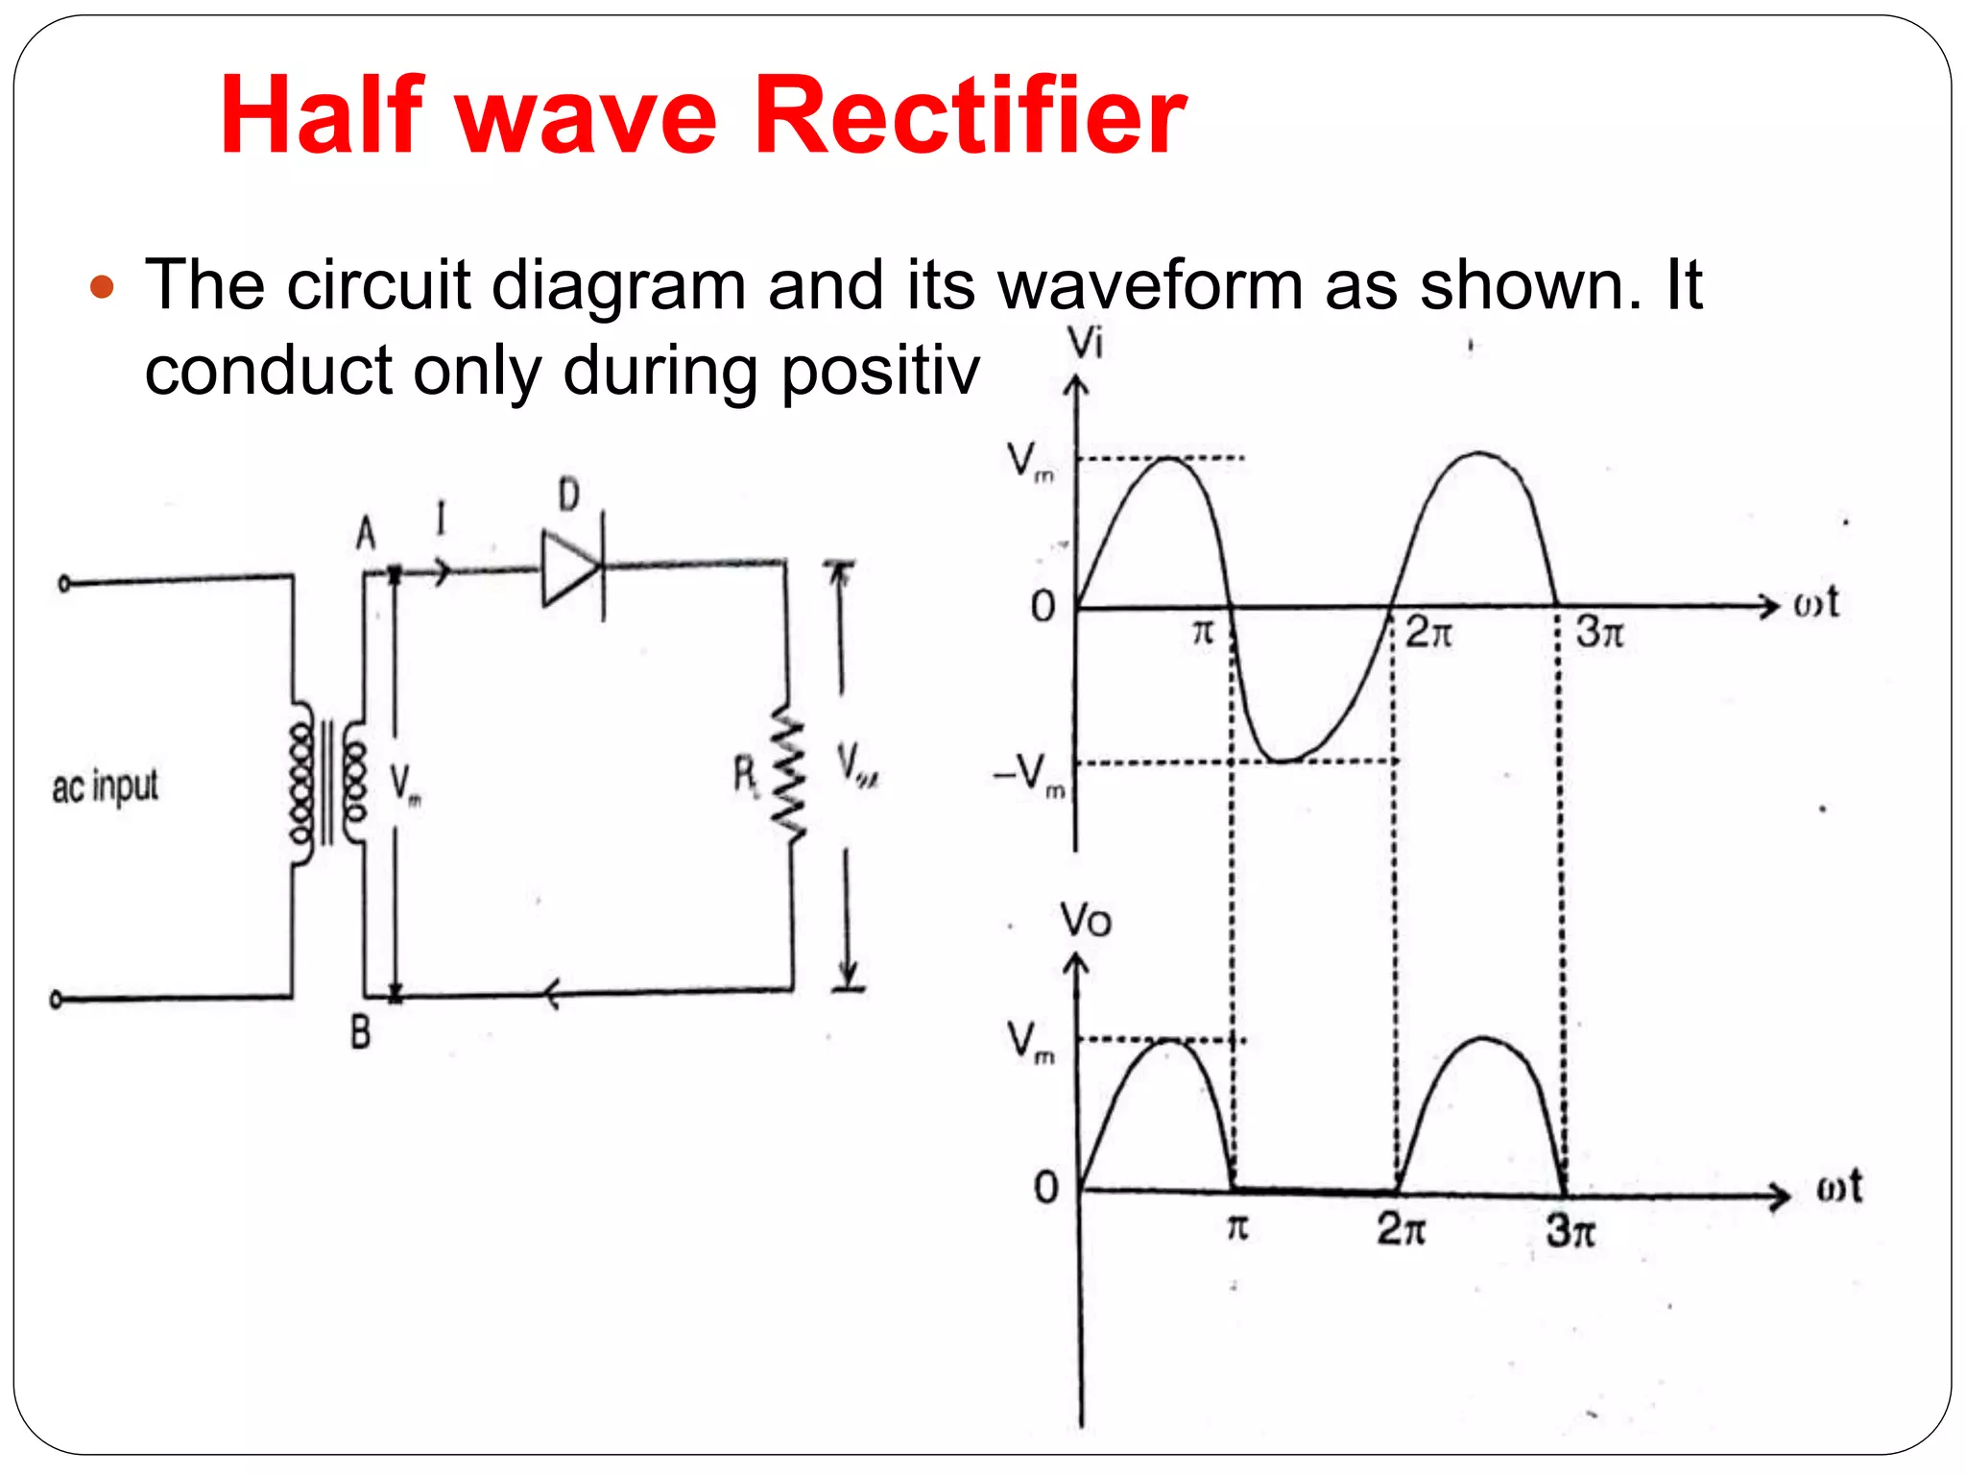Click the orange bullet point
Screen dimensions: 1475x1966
[102, 287]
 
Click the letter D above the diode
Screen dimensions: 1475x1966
[569, 496]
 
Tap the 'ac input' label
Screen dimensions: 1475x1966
[105, 787]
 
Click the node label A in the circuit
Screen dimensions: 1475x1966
[366, 534]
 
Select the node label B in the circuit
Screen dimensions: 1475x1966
[360, 1033]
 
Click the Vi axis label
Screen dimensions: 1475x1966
[1086, 343]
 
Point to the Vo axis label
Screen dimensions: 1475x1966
[1086, 921]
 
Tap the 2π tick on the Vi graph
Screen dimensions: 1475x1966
[1428, 633]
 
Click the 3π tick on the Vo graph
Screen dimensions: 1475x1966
[1570, 1230]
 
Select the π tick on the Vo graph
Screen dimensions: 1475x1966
[1237, 1227]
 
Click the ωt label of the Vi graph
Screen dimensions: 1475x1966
[1815, 603]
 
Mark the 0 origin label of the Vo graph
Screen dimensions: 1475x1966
[1045, 1188]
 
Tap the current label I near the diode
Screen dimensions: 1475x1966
[441, 520]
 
